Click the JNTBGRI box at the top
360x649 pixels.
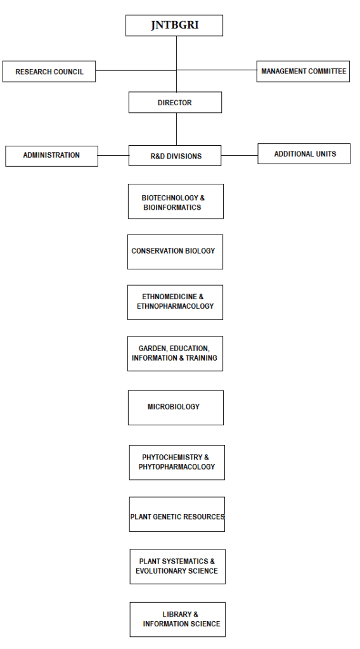(174, 26)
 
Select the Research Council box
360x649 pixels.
(49, 72)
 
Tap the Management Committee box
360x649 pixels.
(304, 72)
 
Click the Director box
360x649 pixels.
(175, 103)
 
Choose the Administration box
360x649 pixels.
(51, 155)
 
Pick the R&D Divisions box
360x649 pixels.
(175, 156)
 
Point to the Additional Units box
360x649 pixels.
(304, 154)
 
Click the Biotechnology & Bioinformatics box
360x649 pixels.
(176, 202)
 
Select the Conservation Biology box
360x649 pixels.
(175, 252)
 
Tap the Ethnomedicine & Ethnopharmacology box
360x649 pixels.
(175, 302)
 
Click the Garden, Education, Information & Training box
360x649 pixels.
(175, 354)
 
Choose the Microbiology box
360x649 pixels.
(176, 407)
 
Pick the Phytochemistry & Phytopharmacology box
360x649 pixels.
(177, 462)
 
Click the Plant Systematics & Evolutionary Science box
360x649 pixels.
(177, 566)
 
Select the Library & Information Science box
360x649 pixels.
(177, 619)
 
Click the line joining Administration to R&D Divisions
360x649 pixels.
(113, 155)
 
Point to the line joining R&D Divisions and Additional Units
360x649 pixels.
(240, 155)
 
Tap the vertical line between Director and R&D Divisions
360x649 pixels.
(176, 129)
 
